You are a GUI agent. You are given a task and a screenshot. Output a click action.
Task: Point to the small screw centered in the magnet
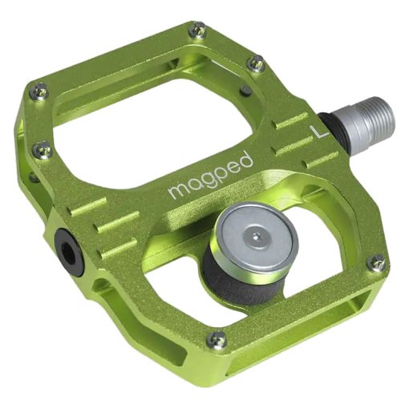[254, 236]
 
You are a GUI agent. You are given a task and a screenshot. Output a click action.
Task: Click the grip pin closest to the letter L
[256, 63]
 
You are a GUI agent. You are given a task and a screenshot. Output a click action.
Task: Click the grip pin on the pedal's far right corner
[376, 262]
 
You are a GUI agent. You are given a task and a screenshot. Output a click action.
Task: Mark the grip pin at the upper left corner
[37, 92]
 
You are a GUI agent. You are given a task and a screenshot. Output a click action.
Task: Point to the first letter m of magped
[175, 192]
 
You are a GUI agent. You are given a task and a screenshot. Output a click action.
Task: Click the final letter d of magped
[245, 160]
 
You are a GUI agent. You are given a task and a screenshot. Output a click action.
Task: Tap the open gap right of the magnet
[321, 241]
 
